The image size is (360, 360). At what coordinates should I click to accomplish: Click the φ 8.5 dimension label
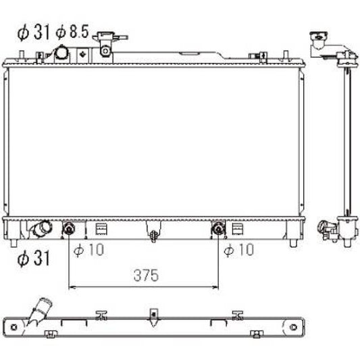(x=72, y=32)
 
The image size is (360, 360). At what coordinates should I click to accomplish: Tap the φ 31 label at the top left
(x=33, y=32)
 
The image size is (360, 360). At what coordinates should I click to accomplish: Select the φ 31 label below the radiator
(x=32, y=257)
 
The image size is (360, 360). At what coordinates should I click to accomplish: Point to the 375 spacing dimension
(x=145, y=275)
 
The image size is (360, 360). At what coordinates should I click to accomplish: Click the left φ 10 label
(x=86, y=251)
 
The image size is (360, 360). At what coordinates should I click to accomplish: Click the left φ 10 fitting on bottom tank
(x=69, y=230)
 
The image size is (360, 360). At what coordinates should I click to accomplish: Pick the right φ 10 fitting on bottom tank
(x=218, y=230)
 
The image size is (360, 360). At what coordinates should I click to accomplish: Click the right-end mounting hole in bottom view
(x=293, y=327)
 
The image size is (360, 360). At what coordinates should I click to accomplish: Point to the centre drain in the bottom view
(x=153, y=315)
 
